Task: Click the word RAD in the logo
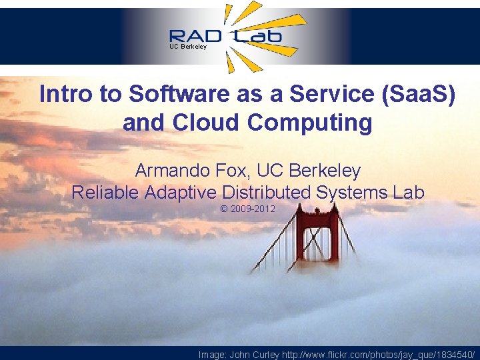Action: (x=198, y=36)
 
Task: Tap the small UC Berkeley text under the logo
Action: (x=188, y=47)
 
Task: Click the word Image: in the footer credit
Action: (x=213, y=355)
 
